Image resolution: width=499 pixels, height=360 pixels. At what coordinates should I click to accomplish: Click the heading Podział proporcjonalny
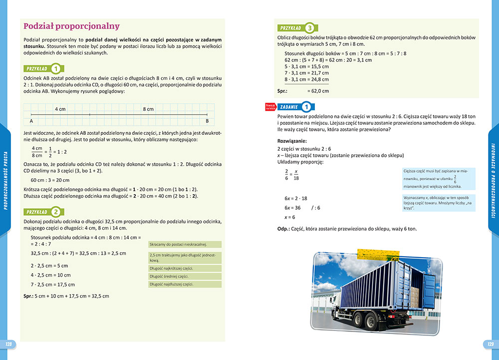(71, 26)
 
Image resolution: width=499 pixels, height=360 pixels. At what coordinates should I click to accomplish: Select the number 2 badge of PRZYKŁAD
(56, 211)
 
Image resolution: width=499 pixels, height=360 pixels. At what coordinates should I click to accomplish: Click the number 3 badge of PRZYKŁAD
(310, 28)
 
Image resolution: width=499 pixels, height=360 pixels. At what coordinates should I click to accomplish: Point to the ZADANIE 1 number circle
(307, 106)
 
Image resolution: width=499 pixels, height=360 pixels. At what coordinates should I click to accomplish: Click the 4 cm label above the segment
(60, 108)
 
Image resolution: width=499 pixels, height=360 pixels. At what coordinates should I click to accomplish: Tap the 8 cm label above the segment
(148, 108)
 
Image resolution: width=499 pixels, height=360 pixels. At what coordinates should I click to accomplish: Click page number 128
(8, 344)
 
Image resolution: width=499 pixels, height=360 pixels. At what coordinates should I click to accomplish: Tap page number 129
(490, 344)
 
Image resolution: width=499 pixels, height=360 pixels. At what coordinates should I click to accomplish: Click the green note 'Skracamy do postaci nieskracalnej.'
(185, 244)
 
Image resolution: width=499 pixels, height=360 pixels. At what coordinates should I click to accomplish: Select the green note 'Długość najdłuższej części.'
(185, 284)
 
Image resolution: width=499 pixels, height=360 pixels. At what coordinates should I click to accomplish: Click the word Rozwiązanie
(292, 141)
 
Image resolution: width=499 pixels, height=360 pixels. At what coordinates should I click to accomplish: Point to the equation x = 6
(290, 217)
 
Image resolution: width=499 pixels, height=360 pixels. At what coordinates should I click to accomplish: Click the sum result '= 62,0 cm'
(318, 91)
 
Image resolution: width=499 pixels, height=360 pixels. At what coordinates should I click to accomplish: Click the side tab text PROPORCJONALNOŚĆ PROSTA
(5, 180)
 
